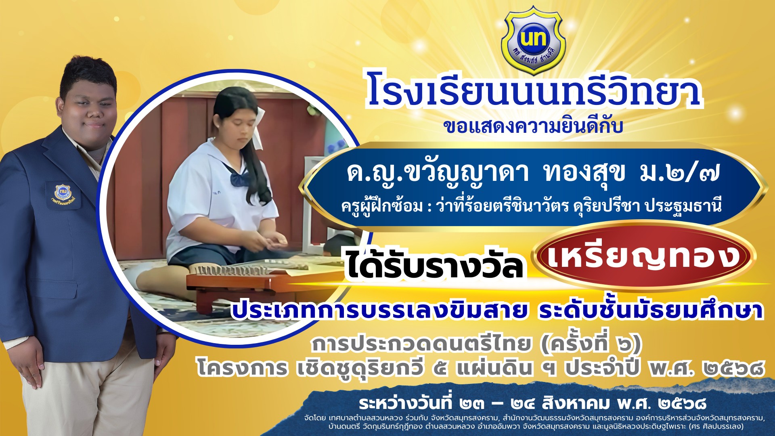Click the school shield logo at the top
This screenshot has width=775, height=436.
tap(533, 40)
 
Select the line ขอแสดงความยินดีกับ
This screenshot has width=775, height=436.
tap(533, 126)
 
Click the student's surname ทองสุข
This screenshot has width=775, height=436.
tap(584, 172)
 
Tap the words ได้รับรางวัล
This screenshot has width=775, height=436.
tap(434, 264)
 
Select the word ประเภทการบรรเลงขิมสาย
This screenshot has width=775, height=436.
tap(379, 310)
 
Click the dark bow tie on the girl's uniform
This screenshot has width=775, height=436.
tap(240, 178)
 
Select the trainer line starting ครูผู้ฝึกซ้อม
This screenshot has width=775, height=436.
tap(531, 206)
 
